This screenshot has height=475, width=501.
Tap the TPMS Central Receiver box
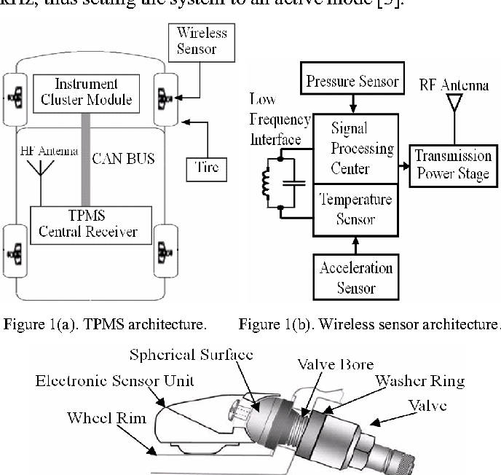click(x=91, y=225)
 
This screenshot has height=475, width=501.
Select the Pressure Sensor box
click(x=351, y=81)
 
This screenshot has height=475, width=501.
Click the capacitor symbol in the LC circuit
click(x=294, y=181)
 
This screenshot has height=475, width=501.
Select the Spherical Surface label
click(x=191, y=355)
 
